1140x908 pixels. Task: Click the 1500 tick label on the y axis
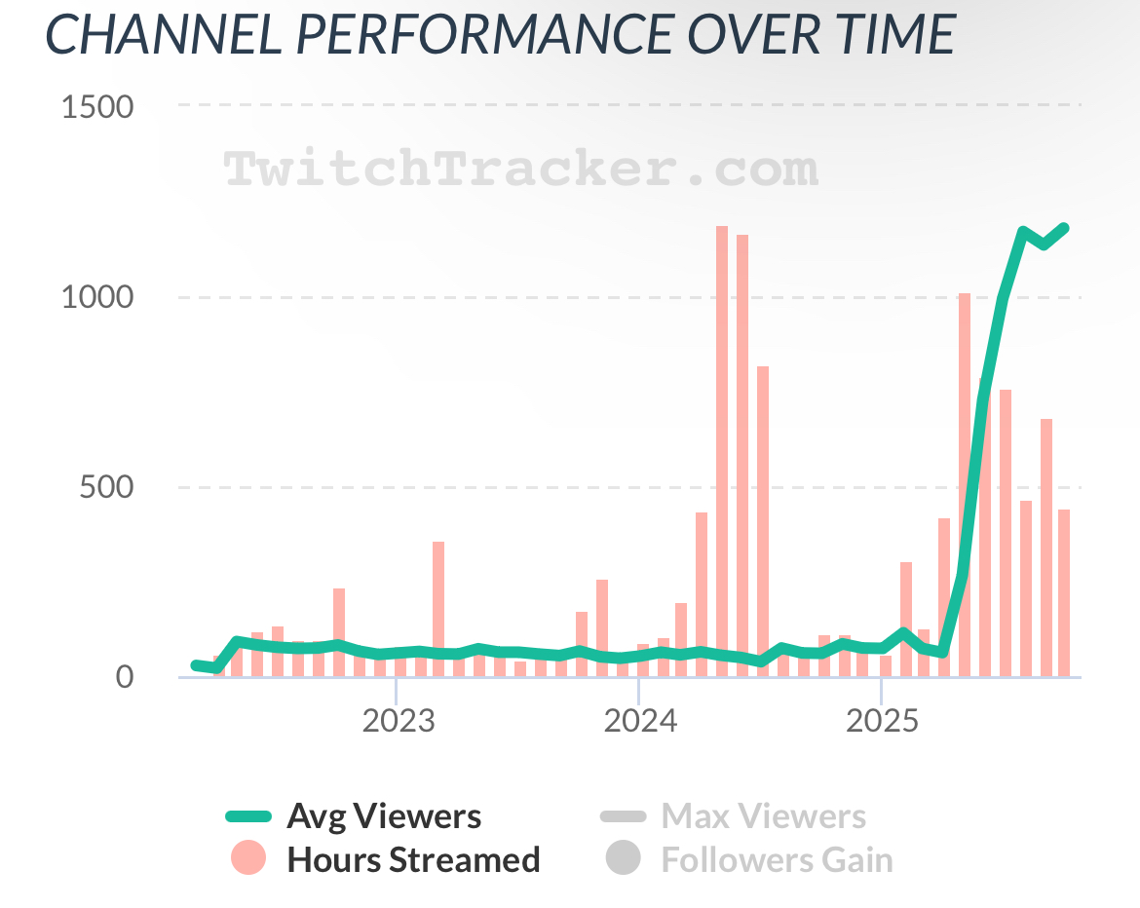[96, 106]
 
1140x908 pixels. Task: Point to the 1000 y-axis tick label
[96, 297]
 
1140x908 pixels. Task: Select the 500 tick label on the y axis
[105, 487]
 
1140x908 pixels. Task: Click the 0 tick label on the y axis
[123, 677]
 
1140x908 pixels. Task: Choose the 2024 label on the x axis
[638, 722]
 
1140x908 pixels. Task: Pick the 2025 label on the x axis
[881, 722]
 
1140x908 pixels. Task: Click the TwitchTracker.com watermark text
[521, 169]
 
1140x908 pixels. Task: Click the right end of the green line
[1064, 228]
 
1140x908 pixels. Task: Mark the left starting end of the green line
[196, 664]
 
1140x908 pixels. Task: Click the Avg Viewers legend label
[383, 816]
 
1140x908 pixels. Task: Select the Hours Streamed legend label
[413, 860]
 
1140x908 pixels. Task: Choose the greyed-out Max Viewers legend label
[763, 816]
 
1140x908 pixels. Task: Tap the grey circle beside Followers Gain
[623, 858]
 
